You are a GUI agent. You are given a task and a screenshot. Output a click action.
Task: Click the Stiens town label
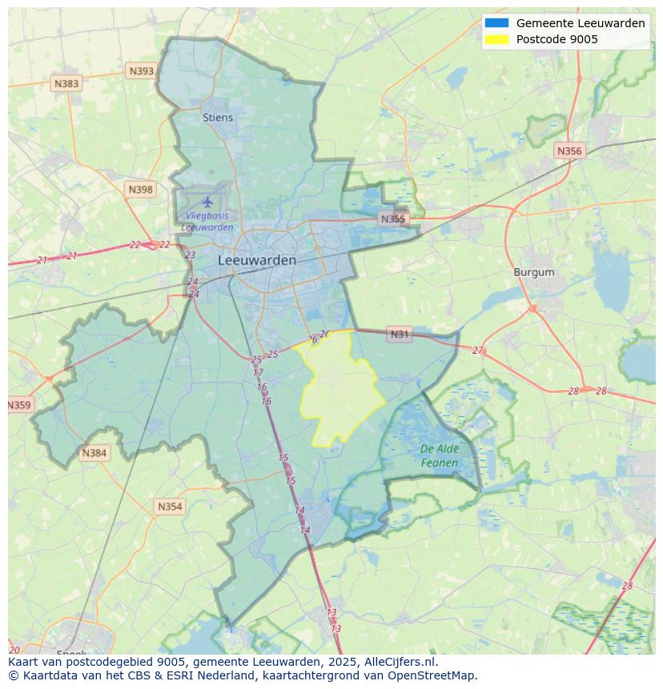[x=218, y=118]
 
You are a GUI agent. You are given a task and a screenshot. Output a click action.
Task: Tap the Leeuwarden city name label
[x=257, y=260]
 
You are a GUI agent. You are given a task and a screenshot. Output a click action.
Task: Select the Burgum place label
[x=533, y=272]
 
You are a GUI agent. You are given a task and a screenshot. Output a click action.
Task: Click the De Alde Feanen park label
[x=440, y=456]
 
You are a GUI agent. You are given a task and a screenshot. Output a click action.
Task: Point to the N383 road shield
[x=66, y=83]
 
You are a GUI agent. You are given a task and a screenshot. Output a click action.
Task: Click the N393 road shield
[x=141, y=71]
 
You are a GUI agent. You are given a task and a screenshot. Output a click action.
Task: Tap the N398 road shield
[x=140, y=190]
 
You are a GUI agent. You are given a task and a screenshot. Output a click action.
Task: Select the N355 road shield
[x=393, y=218]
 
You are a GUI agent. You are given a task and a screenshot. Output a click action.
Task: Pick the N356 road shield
[x=569, y=150]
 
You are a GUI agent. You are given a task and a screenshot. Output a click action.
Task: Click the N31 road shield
[x=399, y=334]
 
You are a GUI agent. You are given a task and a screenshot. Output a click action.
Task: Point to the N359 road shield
[x=18, y=405]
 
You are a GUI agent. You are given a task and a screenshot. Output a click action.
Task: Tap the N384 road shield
[x=94, y=453]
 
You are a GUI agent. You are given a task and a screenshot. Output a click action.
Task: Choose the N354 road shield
[x=170, y=507]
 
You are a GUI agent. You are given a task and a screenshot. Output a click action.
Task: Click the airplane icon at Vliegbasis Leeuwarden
[x=208, y=201]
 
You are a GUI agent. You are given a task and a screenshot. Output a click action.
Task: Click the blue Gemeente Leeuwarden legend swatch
[x=496, y=23]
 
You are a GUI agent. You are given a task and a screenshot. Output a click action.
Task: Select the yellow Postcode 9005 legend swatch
[x=496, y=39]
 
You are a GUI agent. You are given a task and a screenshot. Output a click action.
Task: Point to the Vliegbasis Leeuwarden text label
[x=207, y=222]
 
